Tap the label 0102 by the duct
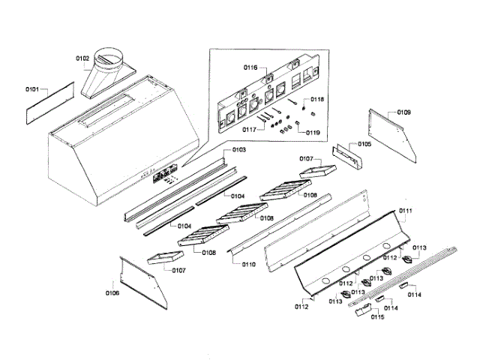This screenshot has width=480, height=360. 82,58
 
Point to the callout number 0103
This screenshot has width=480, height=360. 238,150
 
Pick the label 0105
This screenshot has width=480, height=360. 364,143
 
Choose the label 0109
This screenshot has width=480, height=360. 403,112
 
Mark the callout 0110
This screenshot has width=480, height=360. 248,265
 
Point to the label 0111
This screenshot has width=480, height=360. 406,211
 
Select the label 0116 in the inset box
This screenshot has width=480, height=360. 250,67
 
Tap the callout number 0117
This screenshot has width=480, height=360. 250,129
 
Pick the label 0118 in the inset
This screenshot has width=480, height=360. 317,100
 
